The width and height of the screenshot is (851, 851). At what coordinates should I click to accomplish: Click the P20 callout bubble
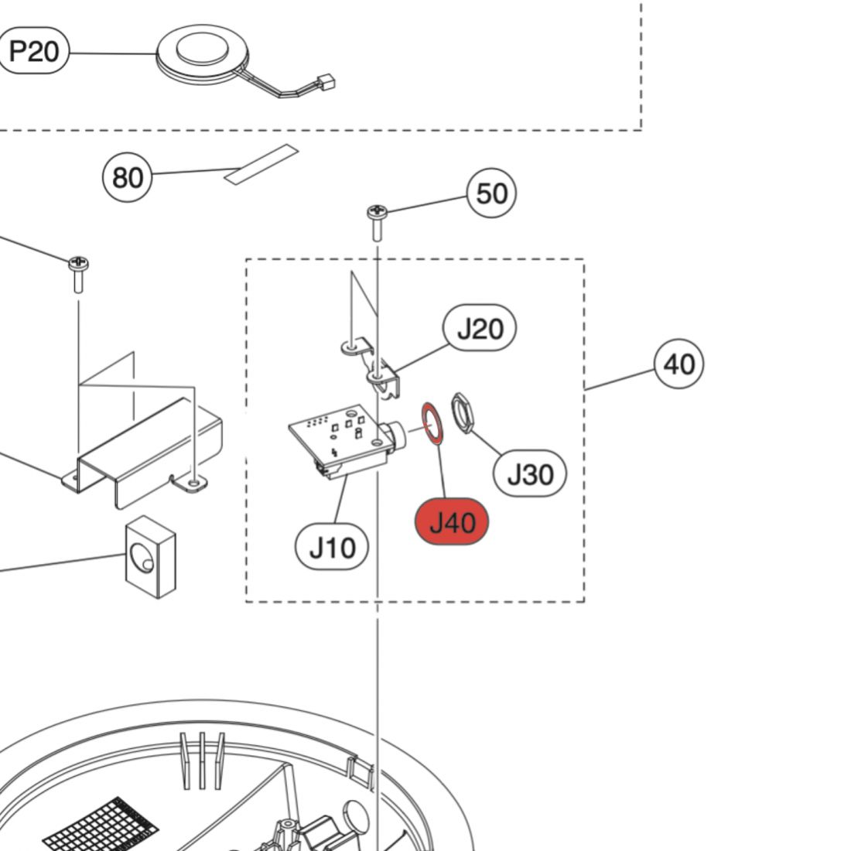(34, 52)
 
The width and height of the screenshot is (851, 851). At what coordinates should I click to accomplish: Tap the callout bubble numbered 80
(128, 177)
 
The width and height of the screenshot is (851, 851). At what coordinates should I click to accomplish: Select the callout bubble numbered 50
(491, 193)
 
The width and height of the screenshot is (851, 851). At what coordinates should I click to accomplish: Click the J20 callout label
(480, 329)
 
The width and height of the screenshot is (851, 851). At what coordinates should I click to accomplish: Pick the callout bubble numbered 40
(678, 364)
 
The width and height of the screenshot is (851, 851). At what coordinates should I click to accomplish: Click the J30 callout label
(530, 473)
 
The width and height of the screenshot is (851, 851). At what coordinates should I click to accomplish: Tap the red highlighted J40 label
(452, 522)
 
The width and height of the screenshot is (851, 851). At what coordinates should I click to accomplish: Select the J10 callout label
(332, 548)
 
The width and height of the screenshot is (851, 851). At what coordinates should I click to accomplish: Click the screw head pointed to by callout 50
(377, 210)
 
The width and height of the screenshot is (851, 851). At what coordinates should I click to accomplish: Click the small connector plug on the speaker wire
(326, 80)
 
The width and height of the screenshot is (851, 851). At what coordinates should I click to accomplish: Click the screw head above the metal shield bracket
(78, 264)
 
